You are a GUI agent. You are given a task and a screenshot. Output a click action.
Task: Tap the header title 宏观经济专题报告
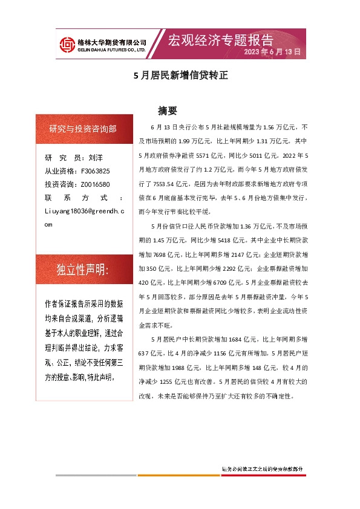tap(220, 41)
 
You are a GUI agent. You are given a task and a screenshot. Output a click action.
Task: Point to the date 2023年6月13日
tap(272, 53)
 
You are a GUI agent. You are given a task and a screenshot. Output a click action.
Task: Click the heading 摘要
tap(167, 111)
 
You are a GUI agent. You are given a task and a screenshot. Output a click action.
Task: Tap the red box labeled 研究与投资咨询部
tap(83, 128)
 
